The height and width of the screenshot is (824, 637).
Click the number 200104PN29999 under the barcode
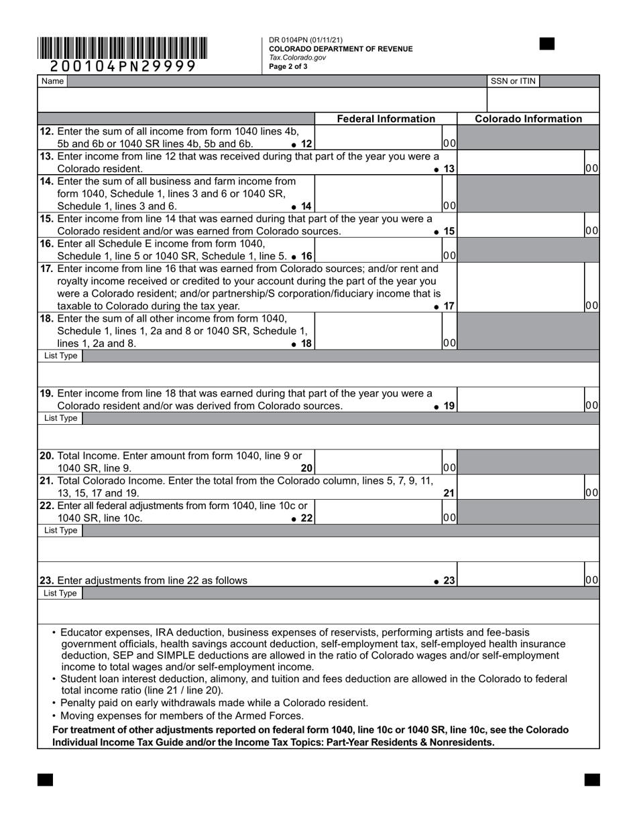tap(123, 66)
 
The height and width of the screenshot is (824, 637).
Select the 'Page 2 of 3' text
tap(288, 66)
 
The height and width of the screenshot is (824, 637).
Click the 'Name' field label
tap(52, 81)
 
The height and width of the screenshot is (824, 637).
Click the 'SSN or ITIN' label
tap(513, 81)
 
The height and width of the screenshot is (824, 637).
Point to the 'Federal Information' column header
tap(386, 119)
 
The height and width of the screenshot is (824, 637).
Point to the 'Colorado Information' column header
tap(528, 119)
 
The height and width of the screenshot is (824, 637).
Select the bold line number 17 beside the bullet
tap(449, 306)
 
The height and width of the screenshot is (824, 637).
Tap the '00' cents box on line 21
tap(591, 493)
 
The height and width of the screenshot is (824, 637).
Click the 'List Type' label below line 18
tap(60, 356)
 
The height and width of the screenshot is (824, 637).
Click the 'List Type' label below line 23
tap(60, 593)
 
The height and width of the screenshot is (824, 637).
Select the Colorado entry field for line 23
tap(520, 579)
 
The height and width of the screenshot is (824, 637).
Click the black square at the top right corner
tap(547, 44)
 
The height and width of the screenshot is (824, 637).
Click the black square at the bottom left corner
tap(45, 779)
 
